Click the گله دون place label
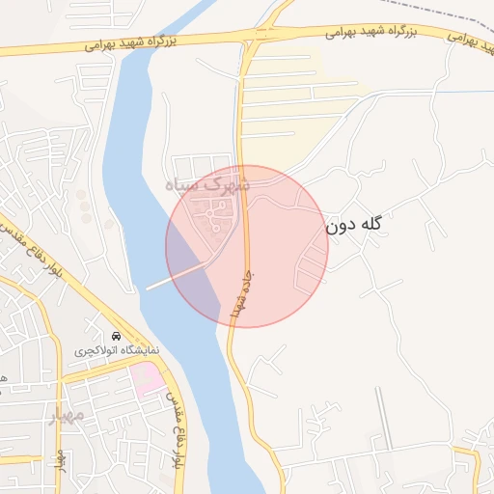point(354,226)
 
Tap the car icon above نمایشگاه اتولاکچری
point(117,336)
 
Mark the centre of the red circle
point(247,246)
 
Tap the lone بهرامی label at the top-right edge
point(463,39)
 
